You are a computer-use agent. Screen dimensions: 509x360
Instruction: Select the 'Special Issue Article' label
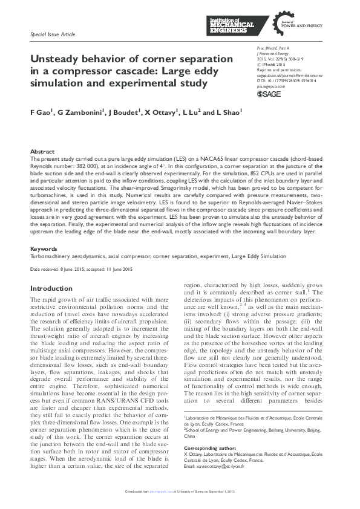coord(53,35)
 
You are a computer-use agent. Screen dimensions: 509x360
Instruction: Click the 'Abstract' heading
coord(42,151)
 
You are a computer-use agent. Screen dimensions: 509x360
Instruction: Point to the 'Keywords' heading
coord(44,248)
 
